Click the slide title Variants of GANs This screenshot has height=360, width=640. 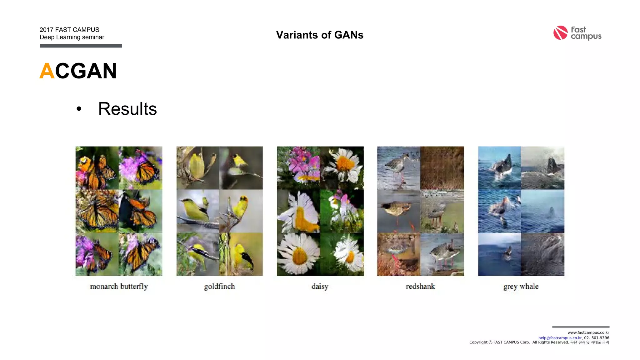[x=320, y=35]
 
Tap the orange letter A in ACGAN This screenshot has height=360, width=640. [x=47, y=71]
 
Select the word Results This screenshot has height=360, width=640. [x=127, y=109]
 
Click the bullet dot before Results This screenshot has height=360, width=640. [x=79, y=109]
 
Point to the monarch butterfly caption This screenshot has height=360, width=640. [x=119, y=286]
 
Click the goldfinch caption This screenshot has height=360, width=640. [x=219, y=286]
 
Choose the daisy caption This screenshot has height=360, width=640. [x=320, y=286]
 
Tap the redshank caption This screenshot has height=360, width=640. [x=420, y=286]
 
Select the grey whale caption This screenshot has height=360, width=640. [x=521, y=286]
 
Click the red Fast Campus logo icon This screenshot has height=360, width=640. [x=560, y=33]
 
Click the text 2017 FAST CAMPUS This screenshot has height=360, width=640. [x=69, y=30]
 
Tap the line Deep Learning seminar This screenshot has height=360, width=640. [x=72, y=37]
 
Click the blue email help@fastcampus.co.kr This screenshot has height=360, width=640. [x=560, y=338]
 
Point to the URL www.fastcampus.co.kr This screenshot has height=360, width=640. [x=588, y=332]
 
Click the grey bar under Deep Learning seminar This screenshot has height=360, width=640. [x=81, y=46]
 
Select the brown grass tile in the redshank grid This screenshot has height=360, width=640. [x=442, y=168]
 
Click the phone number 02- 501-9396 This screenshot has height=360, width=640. [x=597, y=338]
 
